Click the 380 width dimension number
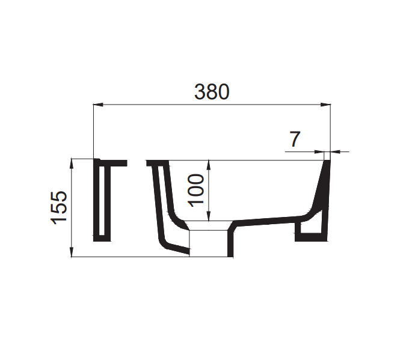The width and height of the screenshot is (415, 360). (x=212, y=91)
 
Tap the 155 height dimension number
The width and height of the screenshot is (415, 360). (x=59, y=208)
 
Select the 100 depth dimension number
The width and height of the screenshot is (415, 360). (x=196, y=189)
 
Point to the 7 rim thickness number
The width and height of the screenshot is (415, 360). (x=294, y=139)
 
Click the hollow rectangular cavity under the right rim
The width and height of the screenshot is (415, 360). (x=311, y=231)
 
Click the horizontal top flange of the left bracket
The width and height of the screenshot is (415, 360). (x=111, y=162)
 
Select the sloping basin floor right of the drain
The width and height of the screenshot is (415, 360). (x=271, y=219)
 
